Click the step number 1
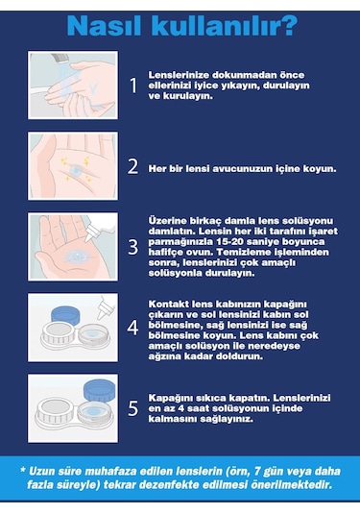133,86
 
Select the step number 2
133,165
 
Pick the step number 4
133,327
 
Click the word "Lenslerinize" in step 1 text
177,74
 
